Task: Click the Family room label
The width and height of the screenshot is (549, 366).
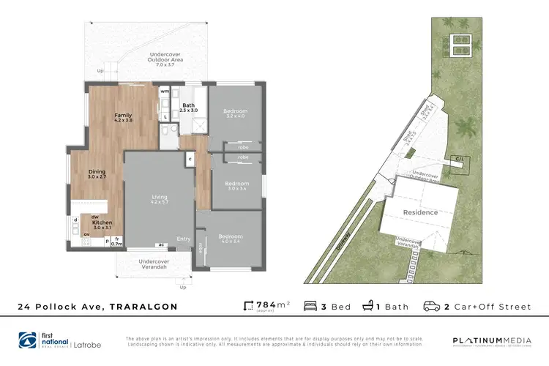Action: pyautogui.click(x=123, y=115)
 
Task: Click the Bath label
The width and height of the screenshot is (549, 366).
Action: pyautogui.click(x=187, y=105)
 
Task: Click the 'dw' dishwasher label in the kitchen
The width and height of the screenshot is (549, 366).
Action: pyautogui.click(x=95, y=217)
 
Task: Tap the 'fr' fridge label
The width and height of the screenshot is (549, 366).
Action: pyautogui.click(x=117, y=238)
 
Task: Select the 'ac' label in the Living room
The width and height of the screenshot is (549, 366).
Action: pyautogui.click(x=159, y=244)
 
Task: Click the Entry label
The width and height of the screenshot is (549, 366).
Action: pyautogui.click(x=183, y=238)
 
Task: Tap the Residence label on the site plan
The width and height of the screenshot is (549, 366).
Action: pyautogui.click(x=420, y=212)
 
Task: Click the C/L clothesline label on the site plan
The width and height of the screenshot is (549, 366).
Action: pyautogui.click(x=460, y=159)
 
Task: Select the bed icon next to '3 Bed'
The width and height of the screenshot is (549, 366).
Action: pyautogui.click(x=310, y=306)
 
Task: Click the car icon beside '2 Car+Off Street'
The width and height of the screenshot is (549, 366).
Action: pyautogui.click(x=432, y=306)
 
